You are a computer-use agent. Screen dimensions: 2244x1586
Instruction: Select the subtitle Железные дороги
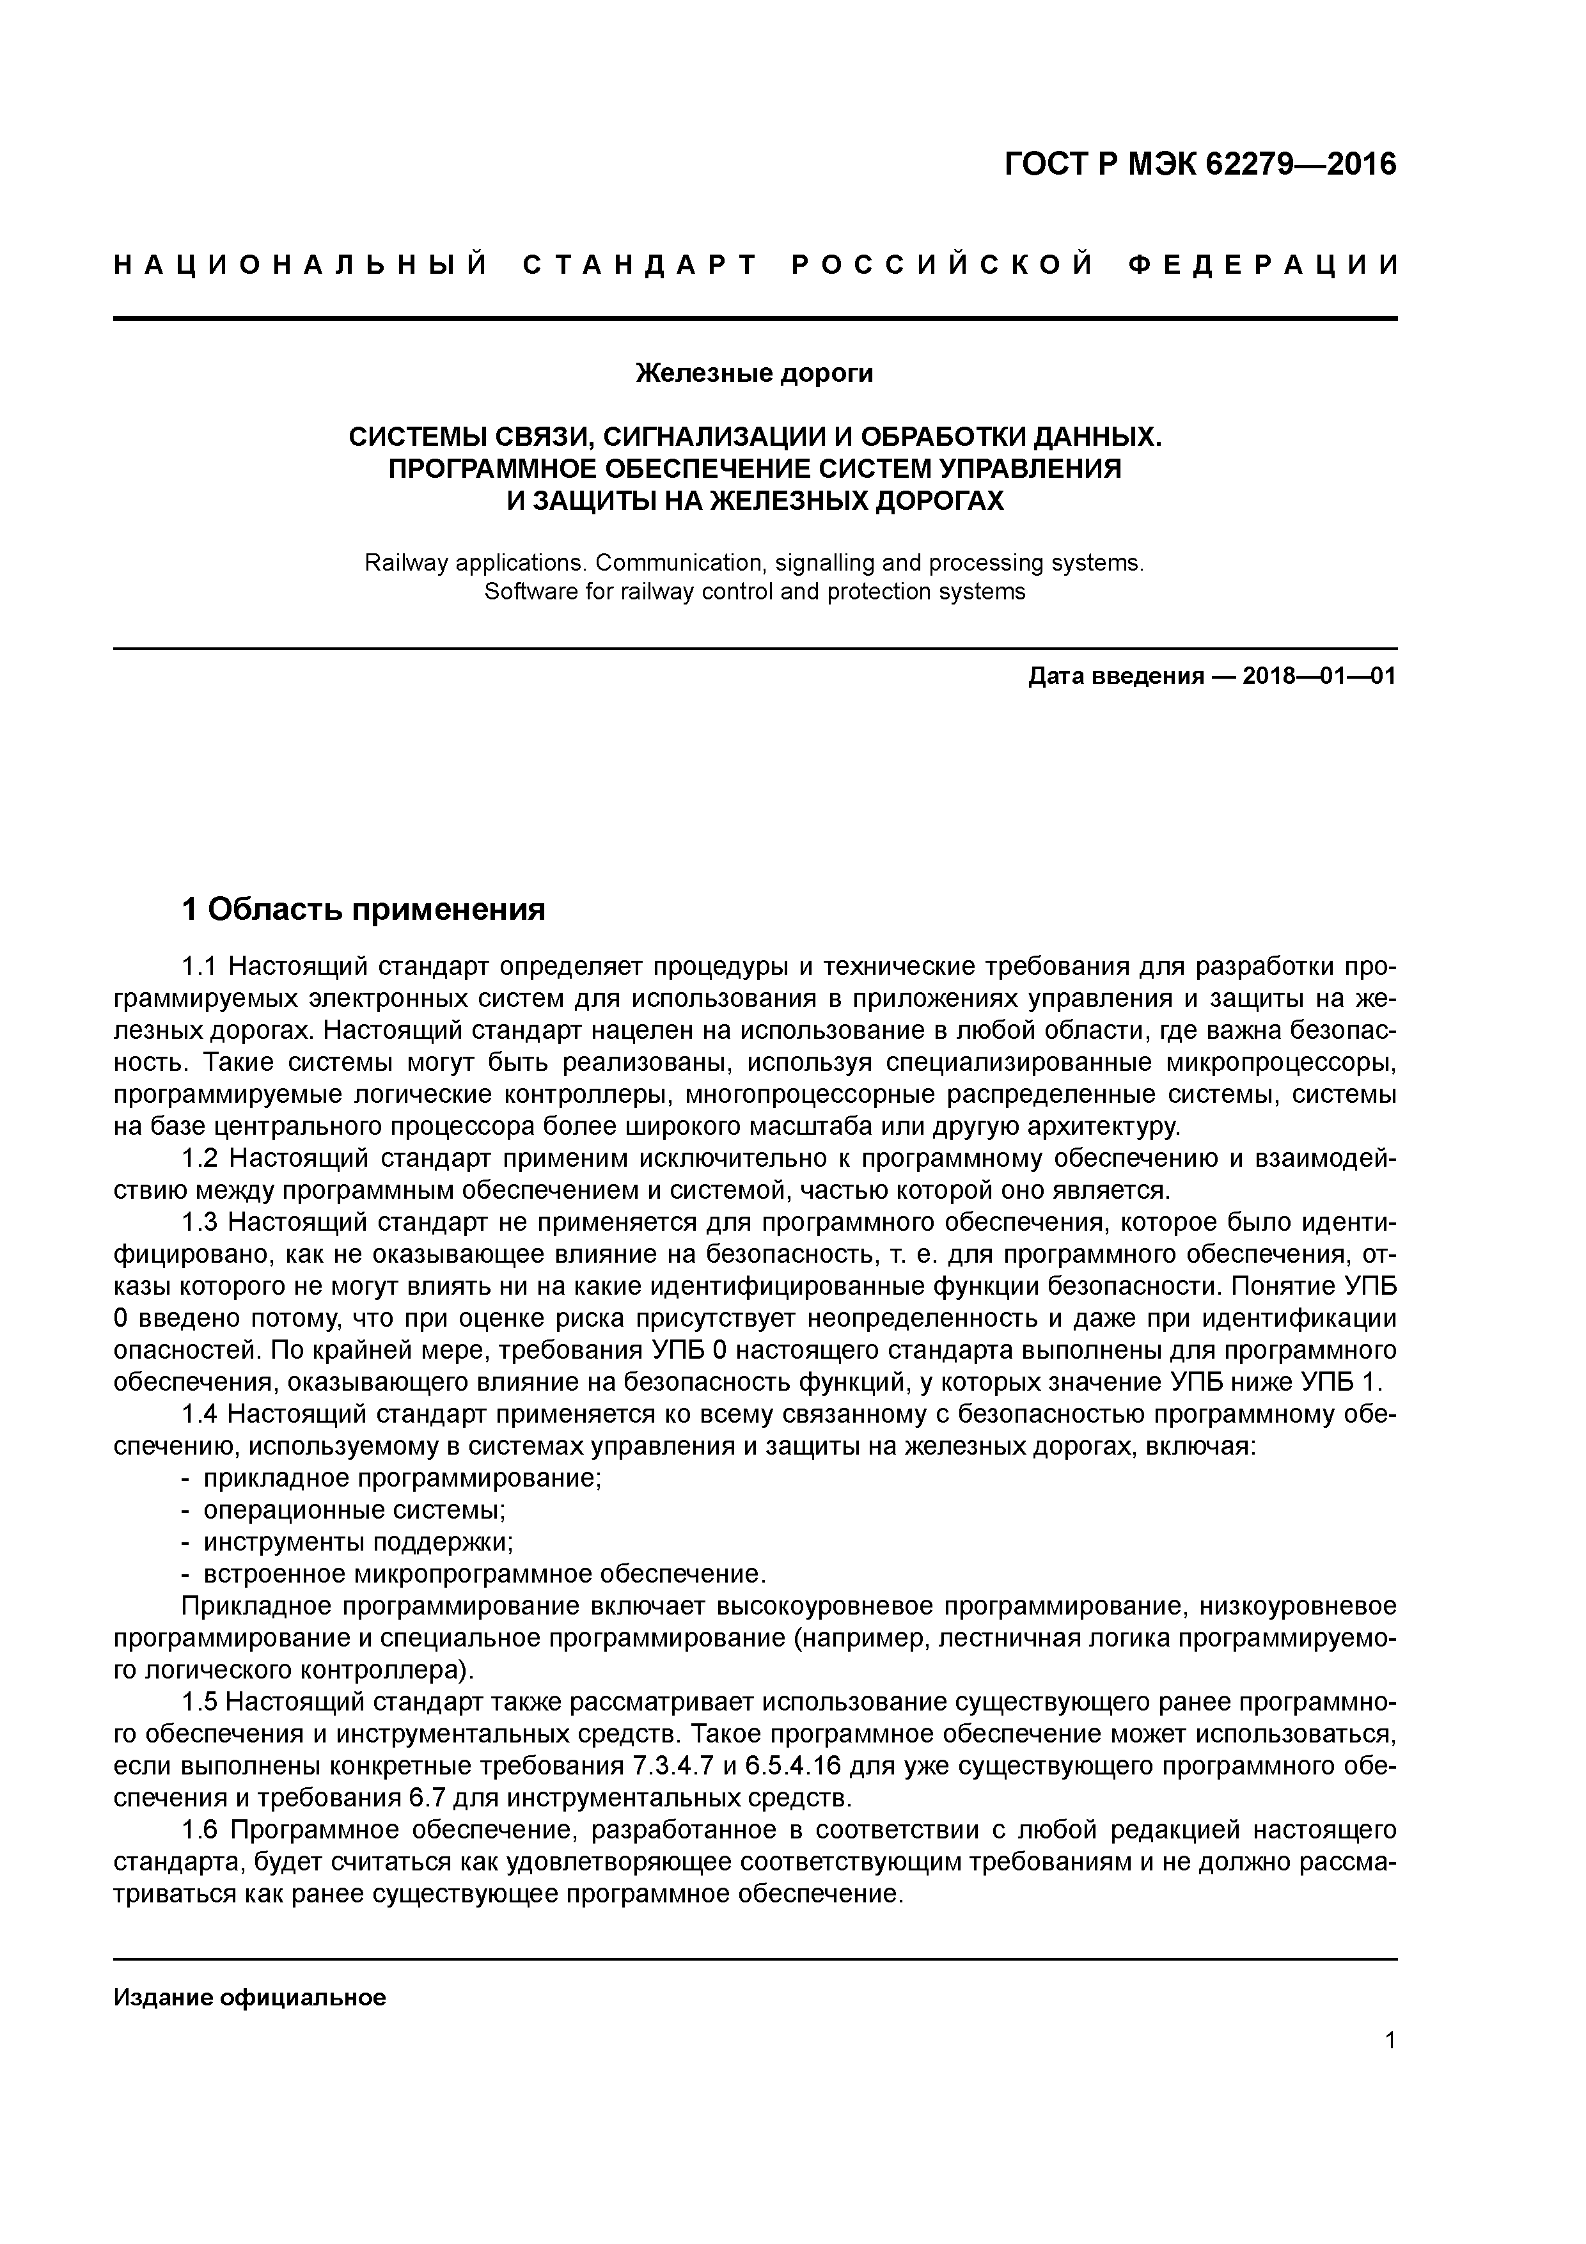tap(755, 374)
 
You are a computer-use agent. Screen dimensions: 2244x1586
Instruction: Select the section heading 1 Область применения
tap(363, 910)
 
